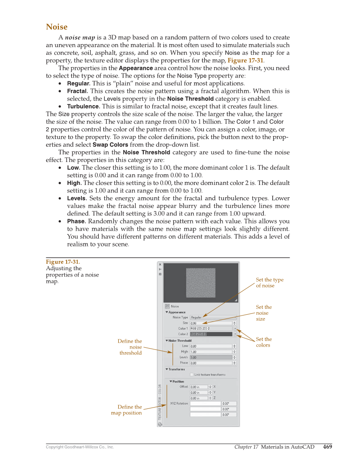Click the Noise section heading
pos(56,27)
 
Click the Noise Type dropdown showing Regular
pos(213,317)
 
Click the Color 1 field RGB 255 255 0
pos(211,328)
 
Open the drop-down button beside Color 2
pos(235,334)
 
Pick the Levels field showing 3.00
pos(211,357)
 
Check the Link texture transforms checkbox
pos(192,374)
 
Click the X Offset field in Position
pos(199,387)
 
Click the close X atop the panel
pos(160,265)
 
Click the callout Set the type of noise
pos(269,282)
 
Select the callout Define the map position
pos(127,410)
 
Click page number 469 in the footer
pos(327,447)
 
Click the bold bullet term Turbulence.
pos(84,106)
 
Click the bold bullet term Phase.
pos(76,221)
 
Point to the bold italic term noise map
pos(80,38)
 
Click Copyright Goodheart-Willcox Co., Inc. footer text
pos(80,447)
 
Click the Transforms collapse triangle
pos(167,369)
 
